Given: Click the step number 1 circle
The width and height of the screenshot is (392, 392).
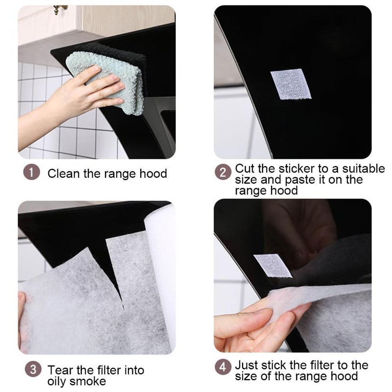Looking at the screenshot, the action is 31,172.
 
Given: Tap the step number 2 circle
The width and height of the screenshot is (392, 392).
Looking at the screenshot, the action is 223,172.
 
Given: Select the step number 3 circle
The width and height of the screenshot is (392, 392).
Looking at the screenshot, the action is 33,369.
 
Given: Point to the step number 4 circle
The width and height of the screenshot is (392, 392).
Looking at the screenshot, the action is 223,367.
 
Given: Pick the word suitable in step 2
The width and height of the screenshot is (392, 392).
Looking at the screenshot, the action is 364,169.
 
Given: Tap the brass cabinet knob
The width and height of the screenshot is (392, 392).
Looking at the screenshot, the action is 59,9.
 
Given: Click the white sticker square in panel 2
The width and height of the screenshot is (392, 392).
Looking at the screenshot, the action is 291,84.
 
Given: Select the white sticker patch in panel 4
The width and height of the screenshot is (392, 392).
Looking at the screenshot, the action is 273,266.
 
